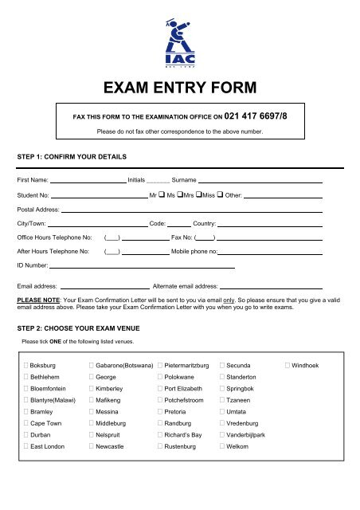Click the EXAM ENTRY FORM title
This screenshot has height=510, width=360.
point(179,86)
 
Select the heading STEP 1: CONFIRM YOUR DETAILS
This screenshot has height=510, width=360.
point(73,156)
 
